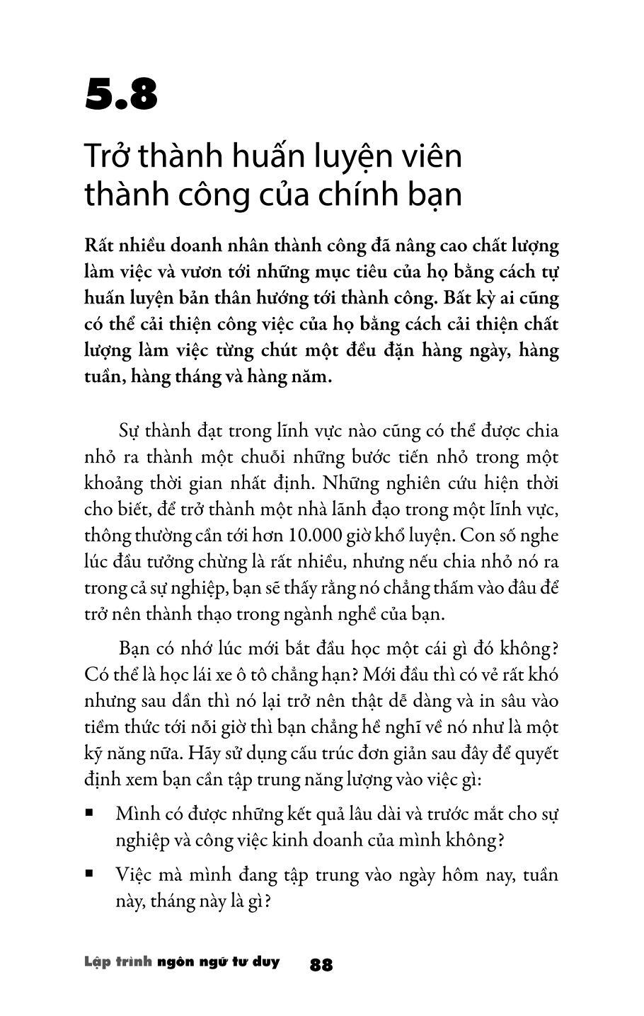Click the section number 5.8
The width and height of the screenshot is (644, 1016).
tap(120, 96)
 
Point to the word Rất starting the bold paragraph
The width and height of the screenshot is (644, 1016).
tap(99, 246)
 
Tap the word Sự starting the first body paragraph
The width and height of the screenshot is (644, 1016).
tap(127, 431)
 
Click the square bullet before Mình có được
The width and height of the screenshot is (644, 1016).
tap(89, 813)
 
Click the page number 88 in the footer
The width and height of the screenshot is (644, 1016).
tap(321, 964)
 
